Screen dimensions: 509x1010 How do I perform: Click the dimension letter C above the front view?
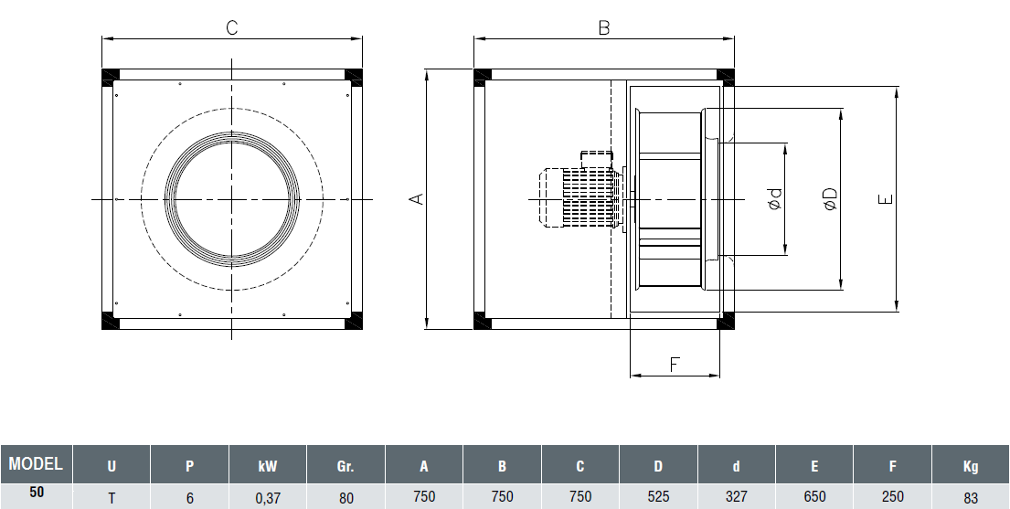pyautogui.click(x=232, y=27)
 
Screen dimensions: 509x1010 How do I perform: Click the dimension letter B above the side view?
pyautogui.click(x=603, y=27)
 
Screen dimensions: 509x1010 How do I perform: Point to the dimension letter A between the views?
pyautogui.click(x=416, y=198)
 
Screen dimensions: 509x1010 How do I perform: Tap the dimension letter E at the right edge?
pyautogui.click(x=884, y=199)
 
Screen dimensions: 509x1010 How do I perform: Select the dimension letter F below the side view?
pyautogui.click(x=675, y=365)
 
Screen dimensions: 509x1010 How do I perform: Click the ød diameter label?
pyautogui.click(x=774, y=198)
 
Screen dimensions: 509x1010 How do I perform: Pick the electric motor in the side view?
pyautogui.click(x=578, y=197)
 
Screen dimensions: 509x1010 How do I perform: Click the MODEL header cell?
pyautogui.click(x=36, y=463)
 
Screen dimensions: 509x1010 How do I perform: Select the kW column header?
pyautogui.click(x=267, y=466)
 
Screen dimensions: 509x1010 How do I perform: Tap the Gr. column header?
pyautogui.click(x=346, y=466)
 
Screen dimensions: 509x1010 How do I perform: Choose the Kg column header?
pyautogui.click(x=970, y=466)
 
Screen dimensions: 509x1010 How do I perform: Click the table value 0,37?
pyautogui.click(x=267, y=496)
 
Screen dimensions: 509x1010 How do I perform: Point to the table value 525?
pyautogui.click(x=658, y=496)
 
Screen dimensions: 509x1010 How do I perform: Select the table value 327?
pyautogui.click(x=736, y=496)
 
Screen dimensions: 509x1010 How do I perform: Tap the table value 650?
pyautogui.click(x=813, y=496)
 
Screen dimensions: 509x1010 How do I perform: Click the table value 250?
pyautogui.click(x=892, y=496)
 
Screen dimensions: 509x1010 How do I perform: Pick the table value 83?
pyautogui.click(x=970, y=496)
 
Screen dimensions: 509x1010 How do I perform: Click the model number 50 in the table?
pyautogui.click(x=36, y=492)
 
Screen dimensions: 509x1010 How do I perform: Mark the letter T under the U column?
pyautogui.click(x=112, y=496)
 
